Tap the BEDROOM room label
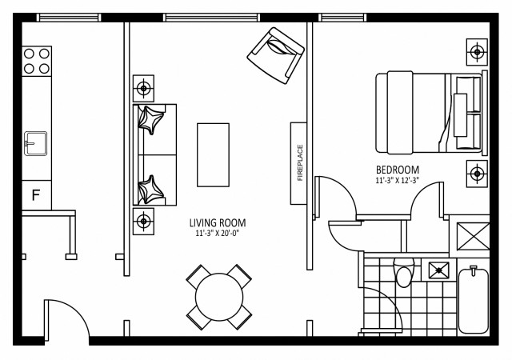[x=398, y=170]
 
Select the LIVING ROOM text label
[x=218, y=222]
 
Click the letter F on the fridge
[x=35, y=194]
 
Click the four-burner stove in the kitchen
[x=37, y=62]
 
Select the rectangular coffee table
[x=213, y=153]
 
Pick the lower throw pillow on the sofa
[x=150, y=190]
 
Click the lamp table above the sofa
[x=143, y=87]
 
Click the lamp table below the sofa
[x=143, y=221]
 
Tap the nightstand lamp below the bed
[x=478, y=172]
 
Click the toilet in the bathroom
[x=404, y=274]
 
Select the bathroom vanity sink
[x=438, y=270]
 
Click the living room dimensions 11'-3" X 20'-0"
[x=218, y=234]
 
